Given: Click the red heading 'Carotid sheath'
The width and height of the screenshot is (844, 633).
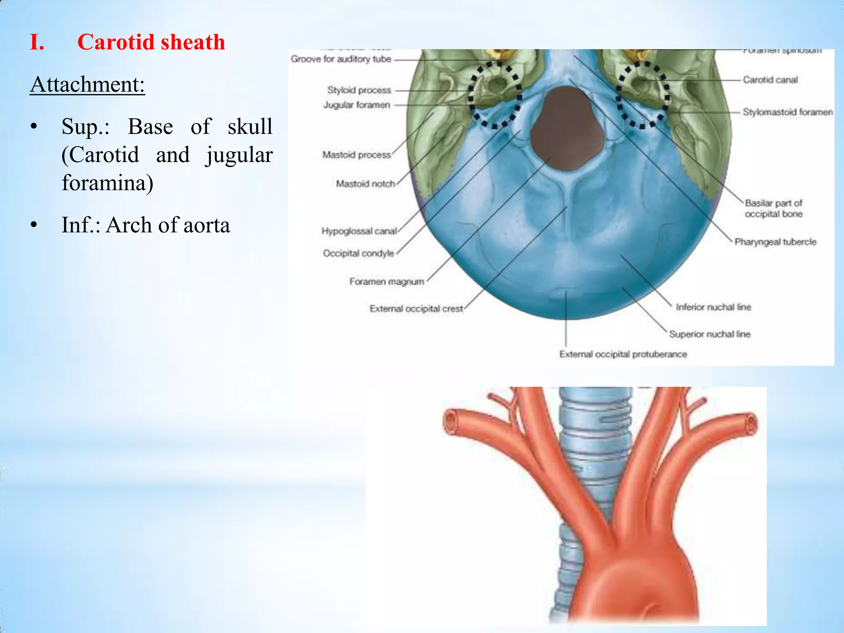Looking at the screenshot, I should click(151, 42).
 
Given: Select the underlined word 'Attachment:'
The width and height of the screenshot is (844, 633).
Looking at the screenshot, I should click(87, 84).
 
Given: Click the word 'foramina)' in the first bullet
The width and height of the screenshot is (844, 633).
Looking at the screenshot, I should click(108, 183).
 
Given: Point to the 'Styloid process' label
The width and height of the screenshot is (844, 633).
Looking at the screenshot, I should click(359, 90).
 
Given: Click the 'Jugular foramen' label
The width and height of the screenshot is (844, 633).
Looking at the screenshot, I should click(356, 105).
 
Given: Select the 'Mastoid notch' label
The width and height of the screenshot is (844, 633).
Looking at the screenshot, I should click(365, 184).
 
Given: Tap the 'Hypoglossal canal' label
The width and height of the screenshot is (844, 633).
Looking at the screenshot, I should click(359, 231).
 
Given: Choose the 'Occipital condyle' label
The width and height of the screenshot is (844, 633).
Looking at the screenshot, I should click(358, 253).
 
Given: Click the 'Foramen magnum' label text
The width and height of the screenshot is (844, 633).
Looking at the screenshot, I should click(387, 282).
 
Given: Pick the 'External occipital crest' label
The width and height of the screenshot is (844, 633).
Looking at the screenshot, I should click(416, 309).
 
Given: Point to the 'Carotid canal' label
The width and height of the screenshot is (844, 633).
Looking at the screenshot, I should click(770, 80).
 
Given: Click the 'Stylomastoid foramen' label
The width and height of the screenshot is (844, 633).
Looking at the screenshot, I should click(788, 112).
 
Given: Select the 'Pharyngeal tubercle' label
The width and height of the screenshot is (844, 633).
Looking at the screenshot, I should click(775, 242).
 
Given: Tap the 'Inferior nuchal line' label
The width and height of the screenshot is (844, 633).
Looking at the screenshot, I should click(713, 307).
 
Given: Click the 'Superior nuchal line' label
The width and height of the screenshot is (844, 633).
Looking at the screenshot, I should click(710, 334).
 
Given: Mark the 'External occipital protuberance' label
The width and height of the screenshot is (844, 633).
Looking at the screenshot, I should click(623, 354).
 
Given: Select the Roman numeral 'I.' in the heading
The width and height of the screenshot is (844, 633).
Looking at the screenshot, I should click(37, 42).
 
